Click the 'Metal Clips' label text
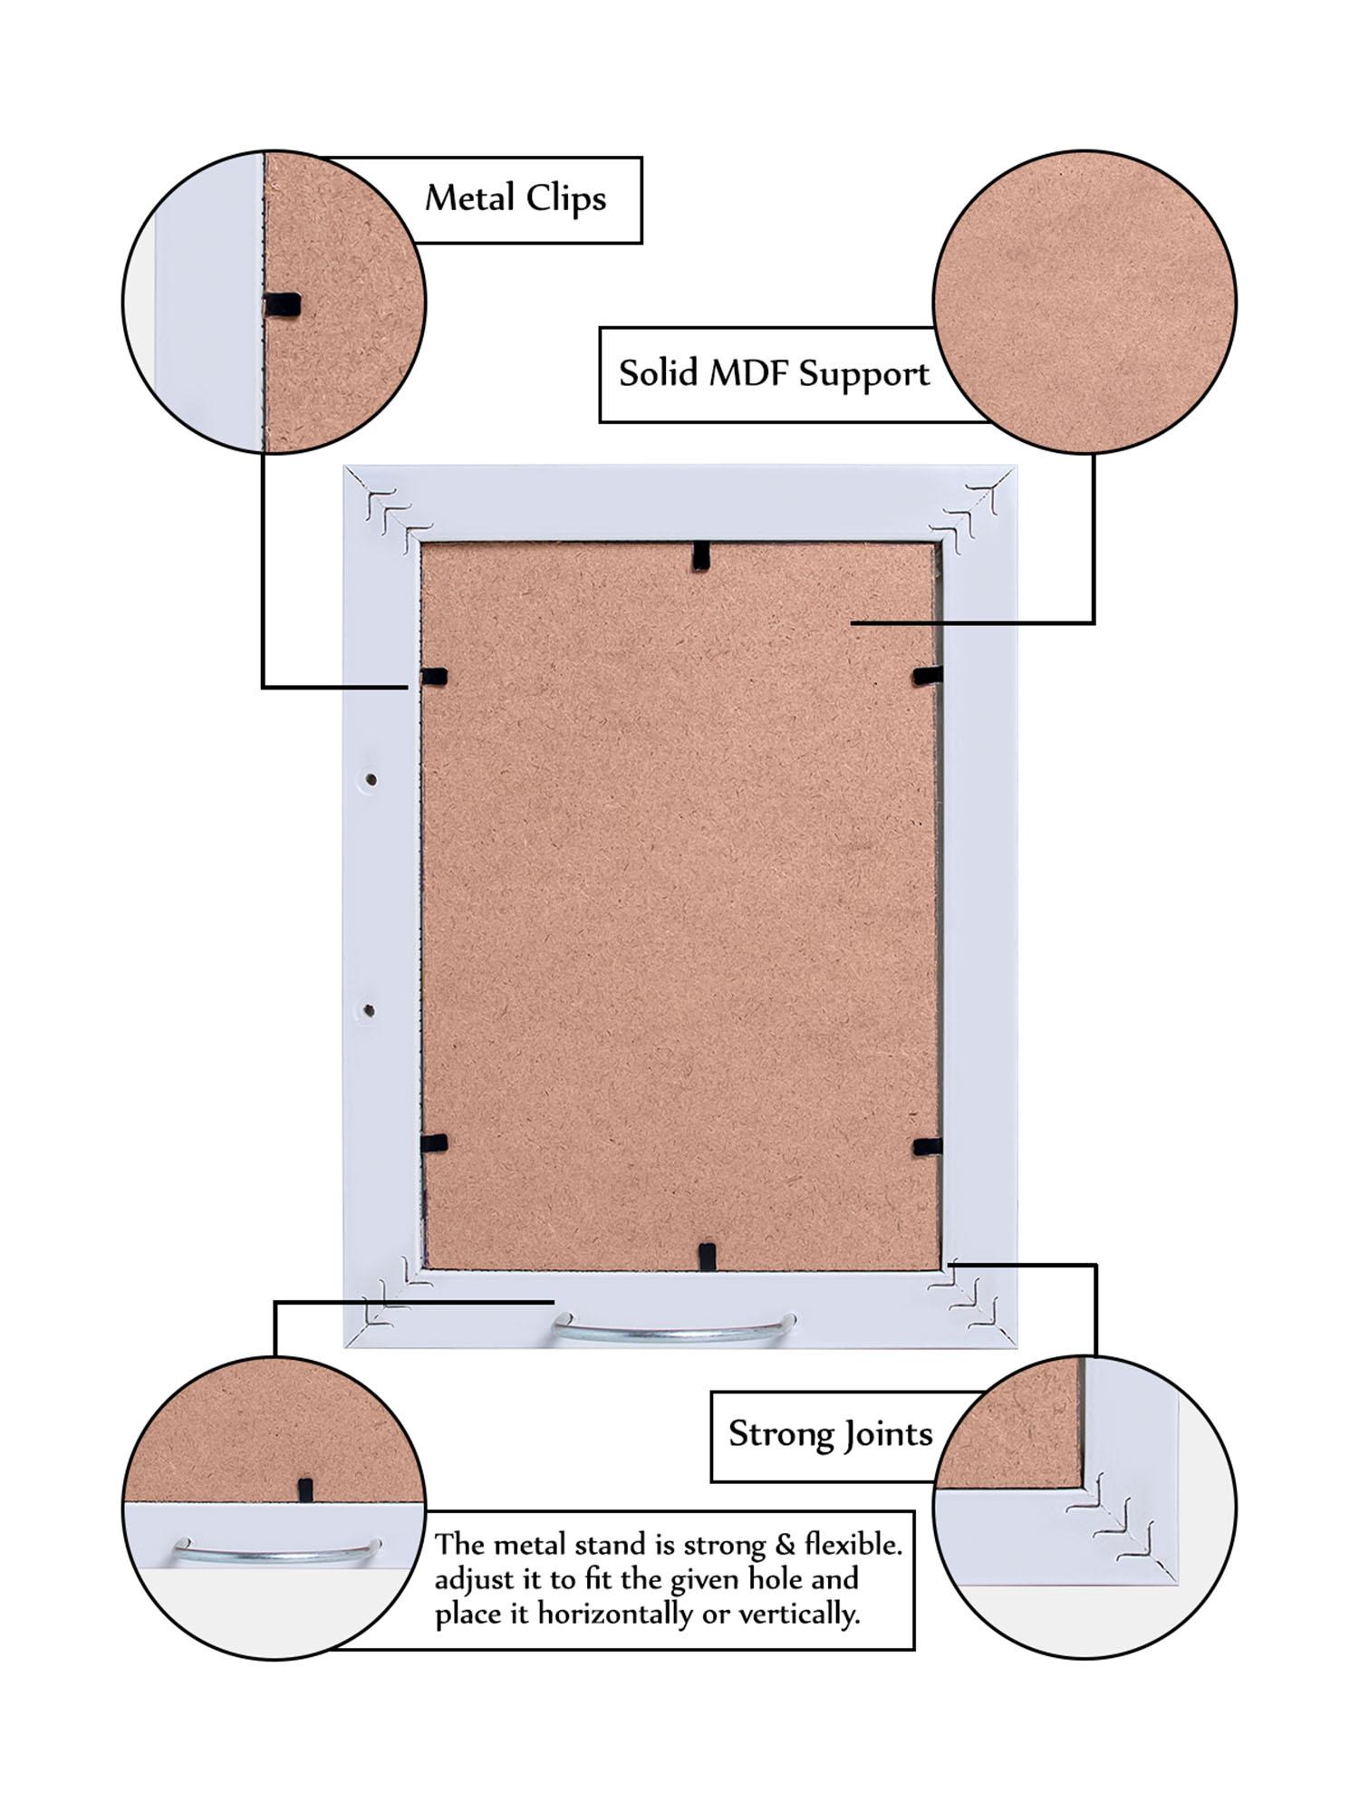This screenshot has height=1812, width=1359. click(x=516, y=198)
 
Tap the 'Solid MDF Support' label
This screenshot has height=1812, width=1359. click(x=774, y=373)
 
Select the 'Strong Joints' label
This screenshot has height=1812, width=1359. click(x=830, y=1433)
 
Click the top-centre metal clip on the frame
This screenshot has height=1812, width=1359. click(x=699, y=555)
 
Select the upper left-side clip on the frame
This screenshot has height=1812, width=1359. click(x=435, y=676)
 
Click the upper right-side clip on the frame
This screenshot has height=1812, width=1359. click(x=927, y=675)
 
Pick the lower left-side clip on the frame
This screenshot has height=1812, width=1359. click(x=435, y=1143)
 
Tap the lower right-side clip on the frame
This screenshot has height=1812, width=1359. click(x=927, y=1147)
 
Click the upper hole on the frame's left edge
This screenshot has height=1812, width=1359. click(x=371, y=779)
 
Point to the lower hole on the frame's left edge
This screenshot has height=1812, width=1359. click(x=370, y=1010)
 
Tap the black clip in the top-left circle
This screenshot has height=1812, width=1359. click(x=283, y=306)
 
